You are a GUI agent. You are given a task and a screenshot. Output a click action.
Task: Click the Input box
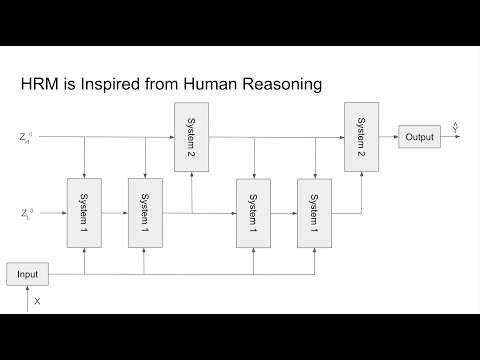click(27, 273)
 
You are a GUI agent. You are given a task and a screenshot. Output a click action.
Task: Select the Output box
click(419, 137)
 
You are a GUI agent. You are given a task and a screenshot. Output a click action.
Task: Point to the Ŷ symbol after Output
click(456, 128)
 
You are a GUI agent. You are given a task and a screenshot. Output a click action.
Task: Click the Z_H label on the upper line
click(25, 137)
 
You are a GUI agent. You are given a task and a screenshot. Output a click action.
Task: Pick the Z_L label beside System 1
click(25, 213)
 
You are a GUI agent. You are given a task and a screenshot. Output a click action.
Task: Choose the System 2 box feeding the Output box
click(361, 137)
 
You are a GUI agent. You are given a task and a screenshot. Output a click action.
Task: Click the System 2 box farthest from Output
click(192, 137)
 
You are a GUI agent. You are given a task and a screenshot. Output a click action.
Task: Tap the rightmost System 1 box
click(314, 213)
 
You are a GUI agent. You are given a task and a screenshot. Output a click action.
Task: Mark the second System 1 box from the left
click(145, 213)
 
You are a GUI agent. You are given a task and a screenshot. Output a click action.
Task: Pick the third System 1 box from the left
click(253, 213)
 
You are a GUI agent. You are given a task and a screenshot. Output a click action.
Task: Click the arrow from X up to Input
click(27, 292)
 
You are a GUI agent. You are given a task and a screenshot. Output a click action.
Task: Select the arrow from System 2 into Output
click(388, 137)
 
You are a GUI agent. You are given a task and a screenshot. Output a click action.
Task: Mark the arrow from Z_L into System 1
click(52, 213)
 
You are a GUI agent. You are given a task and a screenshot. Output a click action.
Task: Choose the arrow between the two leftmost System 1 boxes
click(115, 213)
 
